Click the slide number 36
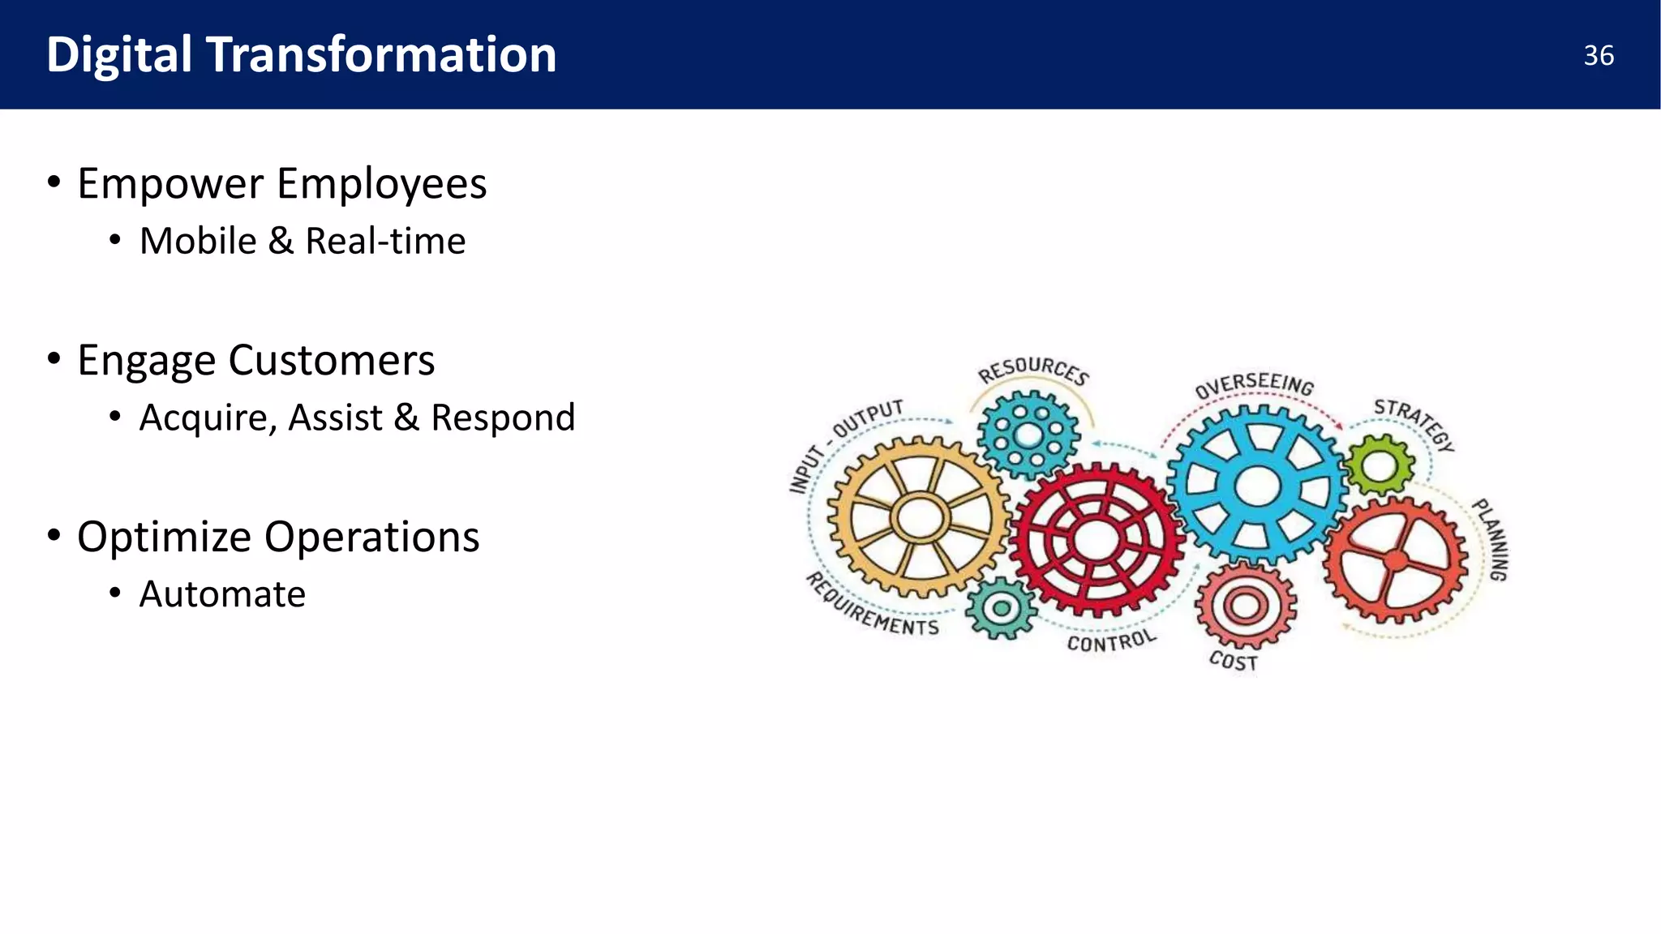[1598, 56]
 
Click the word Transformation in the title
[381, 55]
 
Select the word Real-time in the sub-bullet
[385, 241]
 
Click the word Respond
[503, 418]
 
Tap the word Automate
[222, 594]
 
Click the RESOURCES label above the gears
[1033, 370]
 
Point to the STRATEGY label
[1414, 422]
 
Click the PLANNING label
[1491, 539]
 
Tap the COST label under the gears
[1233, 661]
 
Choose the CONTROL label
[1111, 641]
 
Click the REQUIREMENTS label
[872, 606]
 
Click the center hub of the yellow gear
[920, 517]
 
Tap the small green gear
[1378, 466]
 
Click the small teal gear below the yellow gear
[1002, 608]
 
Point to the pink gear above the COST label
[1245, 605]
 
